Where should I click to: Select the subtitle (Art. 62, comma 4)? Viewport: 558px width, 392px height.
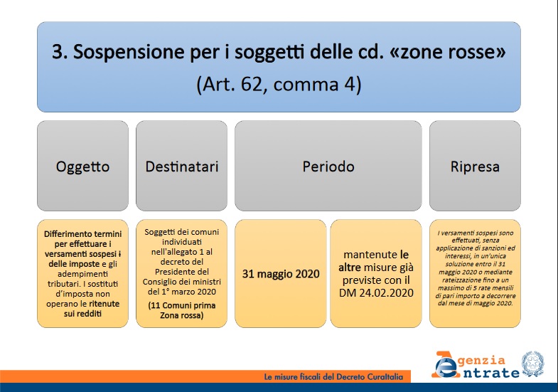point(279,84)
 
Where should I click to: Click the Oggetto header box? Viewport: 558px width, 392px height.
point(82,167)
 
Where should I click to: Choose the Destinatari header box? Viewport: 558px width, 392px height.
point(181,167)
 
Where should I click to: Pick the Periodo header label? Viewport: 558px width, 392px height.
point(328,167)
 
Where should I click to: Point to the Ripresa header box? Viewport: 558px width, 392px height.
point(475,167)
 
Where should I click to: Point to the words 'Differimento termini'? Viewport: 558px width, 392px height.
point(82,234)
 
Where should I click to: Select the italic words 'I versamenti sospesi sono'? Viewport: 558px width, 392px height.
point(475,233)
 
